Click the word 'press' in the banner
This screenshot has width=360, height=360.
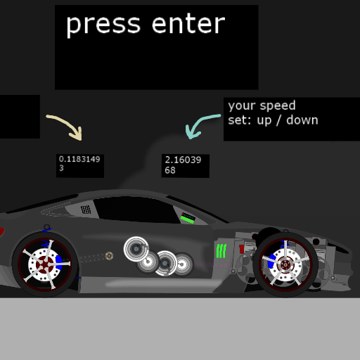click(103, 25)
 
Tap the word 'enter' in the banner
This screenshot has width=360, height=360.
click(188, 23)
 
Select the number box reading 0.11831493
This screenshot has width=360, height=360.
click(80, 166)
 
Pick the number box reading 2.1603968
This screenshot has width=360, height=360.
click(186, 166)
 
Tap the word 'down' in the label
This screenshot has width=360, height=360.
click(302, 120)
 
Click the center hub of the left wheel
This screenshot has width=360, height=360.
click(44, 264)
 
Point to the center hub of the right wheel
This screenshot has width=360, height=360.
click(285, 265)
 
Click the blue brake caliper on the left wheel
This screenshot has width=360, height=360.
click(59, 263)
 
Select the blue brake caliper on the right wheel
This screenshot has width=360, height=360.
click(272, 261)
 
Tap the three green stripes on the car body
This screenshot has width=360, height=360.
click(221, 251)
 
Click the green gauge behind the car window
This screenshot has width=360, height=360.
click(188, 218)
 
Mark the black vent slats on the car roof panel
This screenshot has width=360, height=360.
click(86, 210)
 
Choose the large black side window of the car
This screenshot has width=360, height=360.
click(136, 210)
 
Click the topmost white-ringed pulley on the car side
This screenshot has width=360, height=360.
click(136, 249)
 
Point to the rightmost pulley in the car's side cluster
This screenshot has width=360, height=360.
click(183, 264)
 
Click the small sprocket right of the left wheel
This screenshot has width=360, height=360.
click(109, 256)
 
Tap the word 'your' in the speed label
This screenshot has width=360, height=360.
click(242, 106)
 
